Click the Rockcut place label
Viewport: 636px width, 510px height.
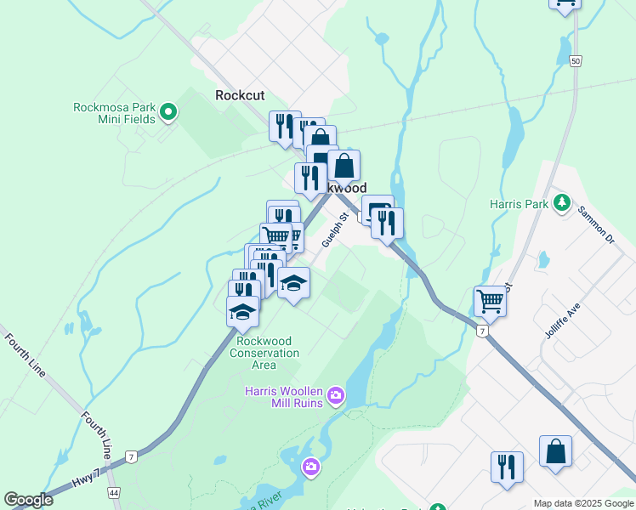click(240, 95)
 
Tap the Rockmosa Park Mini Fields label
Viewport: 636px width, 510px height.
click(114, 113)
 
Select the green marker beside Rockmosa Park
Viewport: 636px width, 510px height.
click(168, 110)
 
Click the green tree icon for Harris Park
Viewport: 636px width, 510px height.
click(561, 203)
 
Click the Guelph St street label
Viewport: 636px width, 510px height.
click(337, 229)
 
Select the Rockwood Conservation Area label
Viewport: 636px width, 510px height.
click(264, 353)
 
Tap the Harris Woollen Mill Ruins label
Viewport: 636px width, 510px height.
click(284, 397)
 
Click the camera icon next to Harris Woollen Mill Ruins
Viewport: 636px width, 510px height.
click(337, 395)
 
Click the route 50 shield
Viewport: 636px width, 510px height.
click(576, 61)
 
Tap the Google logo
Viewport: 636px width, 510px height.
click(28, 500)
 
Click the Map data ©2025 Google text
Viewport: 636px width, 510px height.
click(583, 503)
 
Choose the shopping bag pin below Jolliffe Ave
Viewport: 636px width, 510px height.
click(555, 451)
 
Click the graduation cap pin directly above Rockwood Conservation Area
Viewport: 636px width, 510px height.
click(243, 311)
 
